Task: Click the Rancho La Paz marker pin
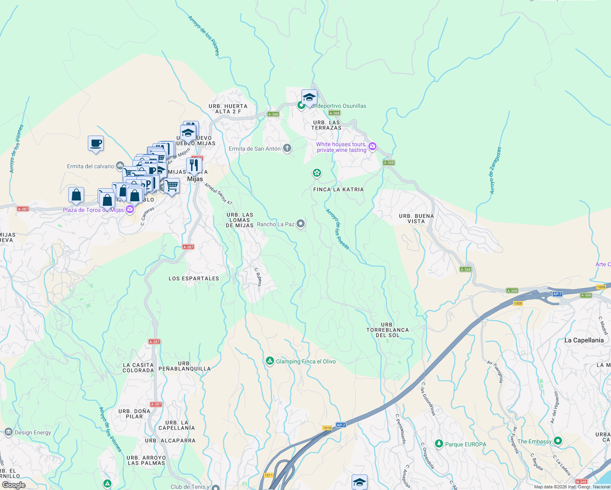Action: pyautogui.click(x=301, y=223)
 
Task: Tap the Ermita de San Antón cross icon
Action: pyautogui.click(x=287, y=148)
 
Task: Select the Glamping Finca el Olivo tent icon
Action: pyautogui.click(x=270, y=361)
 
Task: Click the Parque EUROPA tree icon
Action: pyautogui.click(x=439, y=444)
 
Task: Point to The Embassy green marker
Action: pyautogui.click(x=558, y=441)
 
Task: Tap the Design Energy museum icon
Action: pyautogui.click(x=8, y=432)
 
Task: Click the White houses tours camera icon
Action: pyautogui.click(x=372, y=147)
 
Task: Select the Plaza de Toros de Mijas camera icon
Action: pyautogui.click(x=130, y=209)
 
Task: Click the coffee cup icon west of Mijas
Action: pyautogui.click(x=96, y=143)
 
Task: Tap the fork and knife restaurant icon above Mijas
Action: pyautogui.click(x=194, y=165)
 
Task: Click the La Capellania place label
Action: pyautogui.click(x=584, y=340)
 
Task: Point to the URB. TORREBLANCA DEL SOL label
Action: pyautogui.click(x=387, y=330)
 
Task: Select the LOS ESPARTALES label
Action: pyautogui.click(x=194, y=278)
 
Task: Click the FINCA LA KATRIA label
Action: pyautogui.click(x=338, y=189)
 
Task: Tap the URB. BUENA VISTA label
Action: pyautogui.click(x=416, y=218)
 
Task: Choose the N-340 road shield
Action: pyautogui.click(x=581, y=482)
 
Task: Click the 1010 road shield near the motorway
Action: pyautogui.click(x=327, y=428)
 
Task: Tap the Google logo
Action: pyautogui.click(x=14, y=485)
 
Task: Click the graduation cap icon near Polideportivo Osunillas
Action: pyautogui.click(x=309, y=98)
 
